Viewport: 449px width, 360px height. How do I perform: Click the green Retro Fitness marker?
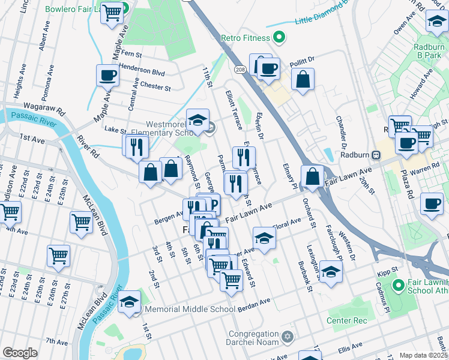pos(279,38)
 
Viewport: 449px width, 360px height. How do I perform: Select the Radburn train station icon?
pos(376,154)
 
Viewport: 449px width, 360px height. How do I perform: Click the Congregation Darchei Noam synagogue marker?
pos(288,335)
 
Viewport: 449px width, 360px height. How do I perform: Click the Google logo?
pos(20,353)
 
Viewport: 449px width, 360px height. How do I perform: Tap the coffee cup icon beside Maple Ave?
pos(107,76)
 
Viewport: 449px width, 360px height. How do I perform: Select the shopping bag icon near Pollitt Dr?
pos(303,80)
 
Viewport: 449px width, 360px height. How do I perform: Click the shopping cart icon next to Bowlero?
pos(112,13)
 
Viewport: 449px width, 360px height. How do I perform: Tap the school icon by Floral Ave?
pos(264,239)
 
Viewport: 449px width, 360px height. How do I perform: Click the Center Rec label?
pos(346,321)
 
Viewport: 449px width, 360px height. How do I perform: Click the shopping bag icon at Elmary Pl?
pos(312,177)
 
